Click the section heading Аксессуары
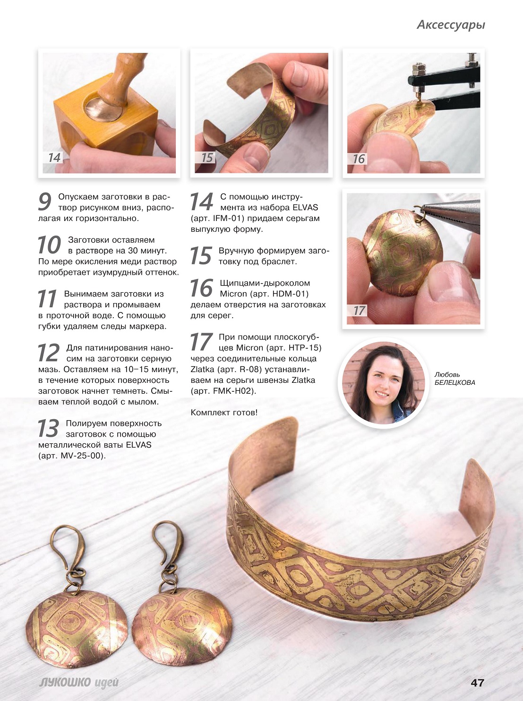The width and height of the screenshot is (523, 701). (451, 25)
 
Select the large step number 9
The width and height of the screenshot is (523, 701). (45, 202)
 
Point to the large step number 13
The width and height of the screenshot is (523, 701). (48, 428)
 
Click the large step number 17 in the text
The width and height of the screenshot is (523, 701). (201, 342)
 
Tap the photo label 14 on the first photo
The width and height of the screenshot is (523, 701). (54, 158)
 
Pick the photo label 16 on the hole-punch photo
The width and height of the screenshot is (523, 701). (359, 159)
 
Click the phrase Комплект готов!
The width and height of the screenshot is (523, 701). (224, 412)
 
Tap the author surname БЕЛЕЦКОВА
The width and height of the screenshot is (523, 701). (454, 382)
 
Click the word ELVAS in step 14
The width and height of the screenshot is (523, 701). (305, 208)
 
